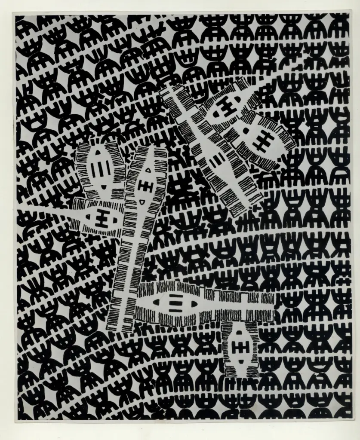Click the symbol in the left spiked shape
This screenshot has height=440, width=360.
[x=102, y=220]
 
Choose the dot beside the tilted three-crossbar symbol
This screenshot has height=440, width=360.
[x=246, y=130]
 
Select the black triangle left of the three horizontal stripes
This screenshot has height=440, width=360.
[x=156, y=302]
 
